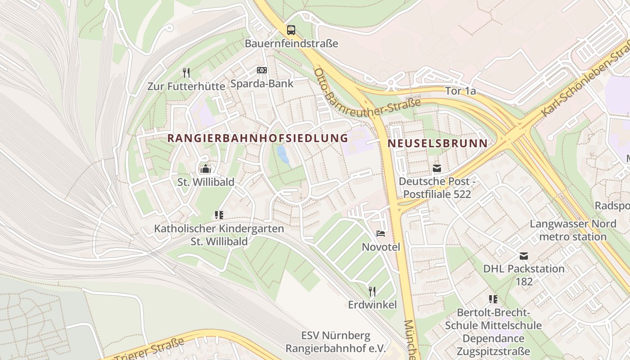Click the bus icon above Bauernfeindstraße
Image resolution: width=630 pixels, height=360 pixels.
coord(291,30)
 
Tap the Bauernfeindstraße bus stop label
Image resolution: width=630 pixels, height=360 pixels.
coord(291,44)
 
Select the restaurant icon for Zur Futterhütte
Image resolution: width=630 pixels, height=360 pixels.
coord(186,72)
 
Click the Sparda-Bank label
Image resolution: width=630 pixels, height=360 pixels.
coord(261,83)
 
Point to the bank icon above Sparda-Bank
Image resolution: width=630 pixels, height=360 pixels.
coord(261,70)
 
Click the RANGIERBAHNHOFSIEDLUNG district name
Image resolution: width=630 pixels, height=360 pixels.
coord(258,138)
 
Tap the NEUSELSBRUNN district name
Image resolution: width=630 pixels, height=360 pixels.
coord(437,144)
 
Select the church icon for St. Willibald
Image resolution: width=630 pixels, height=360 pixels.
coord(206,169)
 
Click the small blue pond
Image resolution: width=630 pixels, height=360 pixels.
coord(283,155)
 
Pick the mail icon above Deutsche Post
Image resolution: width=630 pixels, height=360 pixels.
coord(436,168)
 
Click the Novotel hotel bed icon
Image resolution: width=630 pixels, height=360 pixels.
coord(381,234)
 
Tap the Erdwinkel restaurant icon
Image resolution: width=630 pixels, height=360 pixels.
coord(372,292)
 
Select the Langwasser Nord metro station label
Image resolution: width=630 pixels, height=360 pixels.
coord(573,230)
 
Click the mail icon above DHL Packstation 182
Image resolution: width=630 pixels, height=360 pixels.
coord(523,256)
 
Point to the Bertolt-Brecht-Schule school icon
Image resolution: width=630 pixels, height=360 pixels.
coord(493,299)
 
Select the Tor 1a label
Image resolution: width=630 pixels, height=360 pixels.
coord(460,91)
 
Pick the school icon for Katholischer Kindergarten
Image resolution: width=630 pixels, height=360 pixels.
coord(219,215)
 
